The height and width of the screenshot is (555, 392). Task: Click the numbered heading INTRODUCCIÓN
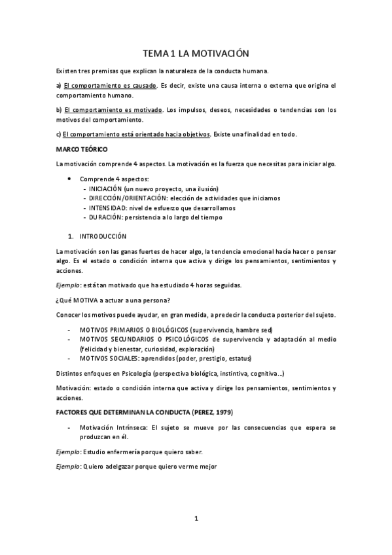coord(103,236)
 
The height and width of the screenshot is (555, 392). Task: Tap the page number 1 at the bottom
coord(196,519)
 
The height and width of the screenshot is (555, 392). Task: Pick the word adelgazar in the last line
coord(120,467)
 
